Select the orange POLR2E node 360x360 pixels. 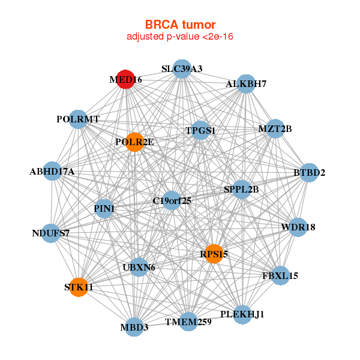(135, 142)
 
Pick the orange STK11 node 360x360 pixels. (78, 287)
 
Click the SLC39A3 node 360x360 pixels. (182, 69)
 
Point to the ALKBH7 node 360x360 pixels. (246, 84)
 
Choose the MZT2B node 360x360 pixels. (274, 129)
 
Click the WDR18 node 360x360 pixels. (298, 227)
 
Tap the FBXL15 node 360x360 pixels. (280, 276)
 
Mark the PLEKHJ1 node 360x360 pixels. (242, 314)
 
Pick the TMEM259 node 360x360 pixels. (188, 322)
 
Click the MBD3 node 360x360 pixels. (135, 327)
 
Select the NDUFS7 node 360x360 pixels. (51, 233)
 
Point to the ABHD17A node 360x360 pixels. (52, 172)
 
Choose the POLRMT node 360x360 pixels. (78, 119)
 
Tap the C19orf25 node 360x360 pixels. (172, 200)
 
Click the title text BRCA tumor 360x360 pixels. (180, 25)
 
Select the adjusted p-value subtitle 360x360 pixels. (180, 37)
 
